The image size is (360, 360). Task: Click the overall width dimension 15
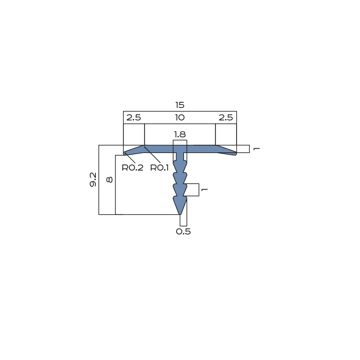180,105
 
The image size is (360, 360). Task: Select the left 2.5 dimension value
134,118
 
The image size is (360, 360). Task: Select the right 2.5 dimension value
226,118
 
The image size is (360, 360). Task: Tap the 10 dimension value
180,118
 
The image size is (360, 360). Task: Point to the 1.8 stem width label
180,134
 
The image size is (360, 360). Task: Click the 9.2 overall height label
93,180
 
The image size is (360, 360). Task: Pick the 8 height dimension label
110,180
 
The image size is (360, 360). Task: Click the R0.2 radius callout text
133,168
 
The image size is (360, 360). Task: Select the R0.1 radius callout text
159,168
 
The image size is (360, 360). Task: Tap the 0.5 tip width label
183,231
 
